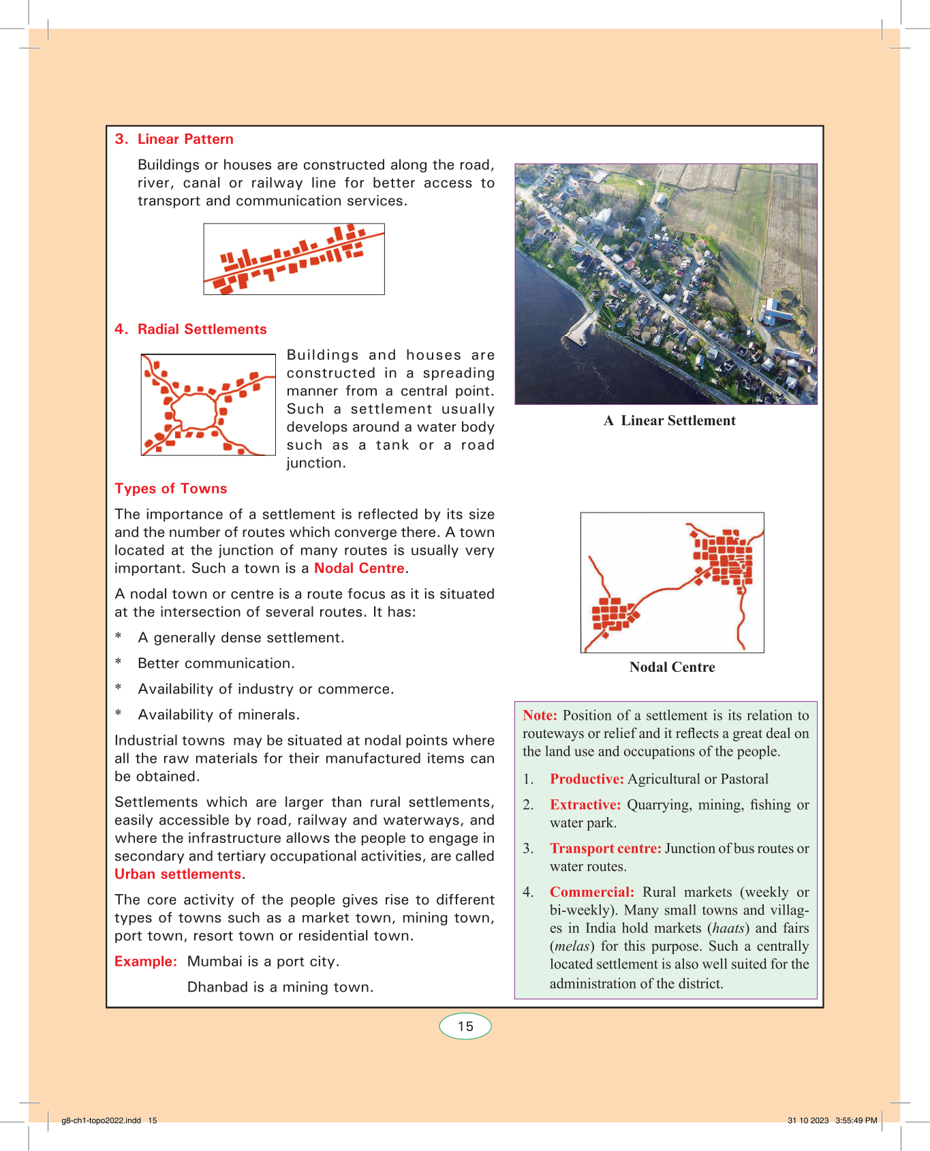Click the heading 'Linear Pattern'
coord(185,139)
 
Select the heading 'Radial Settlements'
coord(202,329)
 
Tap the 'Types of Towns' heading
coord(170,489)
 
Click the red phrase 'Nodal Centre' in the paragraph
coord(359,568)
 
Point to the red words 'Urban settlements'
coord(178,874)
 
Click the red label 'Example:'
coord(146,962)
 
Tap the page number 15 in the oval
coord(465,1026)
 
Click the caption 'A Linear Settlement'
coord(670,420)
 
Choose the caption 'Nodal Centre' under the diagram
coord(672,667)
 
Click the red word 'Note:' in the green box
coord(540,716)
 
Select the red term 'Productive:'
coord(587,779)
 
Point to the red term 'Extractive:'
coord(585,805)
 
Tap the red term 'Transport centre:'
coord(606,848)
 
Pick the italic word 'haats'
coord(728,928)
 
